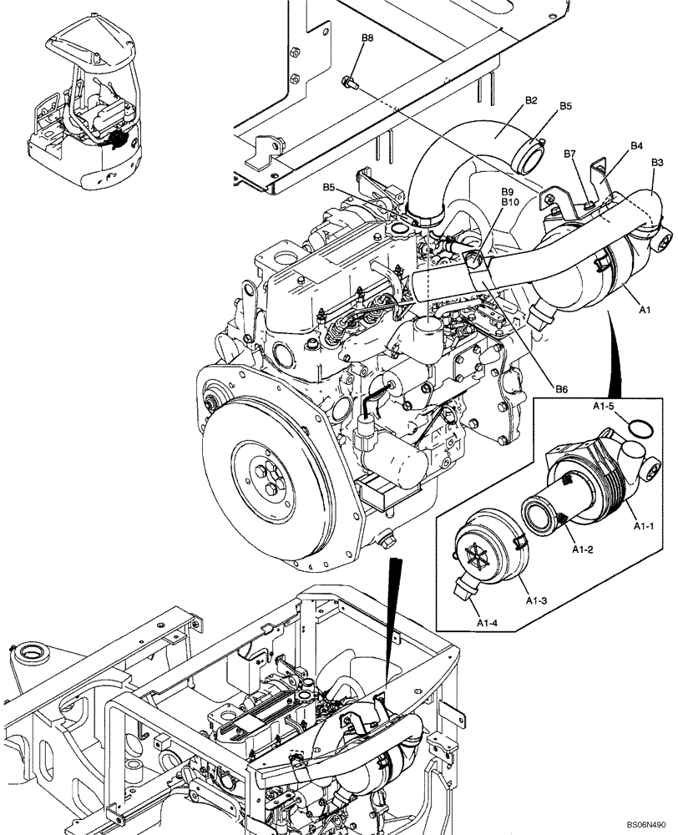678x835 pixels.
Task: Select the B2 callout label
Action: pyautogui.click(x=531, y=101)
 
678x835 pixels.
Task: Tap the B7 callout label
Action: pyautogui.click(x=571, y=154)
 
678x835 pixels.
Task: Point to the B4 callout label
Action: pyautogui.click(x=636, y=145)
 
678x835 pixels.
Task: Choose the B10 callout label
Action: pyautogui.click(x=510, y=202)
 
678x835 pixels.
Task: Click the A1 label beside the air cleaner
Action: pyautogui.click(x=645, y=309)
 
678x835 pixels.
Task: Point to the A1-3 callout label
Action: pyautogui.click(x=536, y=599)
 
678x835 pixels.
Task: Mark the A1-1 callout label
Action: pyautogui.click(x=642, y=527)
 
